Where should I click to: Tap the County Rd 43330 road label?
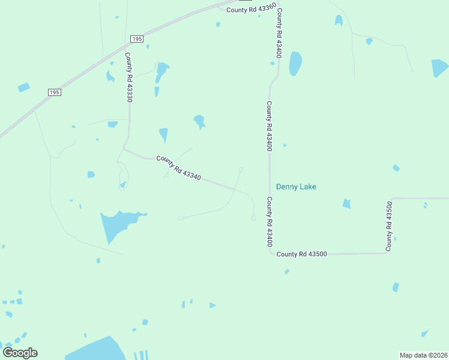[128, 77]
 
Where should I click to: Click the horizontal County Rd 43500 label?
[302, 254]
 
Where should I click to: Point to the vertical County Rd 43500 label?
[390, 226]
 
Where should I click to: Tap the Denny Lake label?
[296, 187]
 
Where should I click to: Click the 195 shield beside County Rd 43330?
[137, 38]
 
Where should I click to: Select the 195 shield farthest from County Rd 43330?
[55, 92]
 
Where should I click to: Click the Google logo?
[20, 352]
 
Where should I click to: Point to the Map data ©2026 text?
[423, 355]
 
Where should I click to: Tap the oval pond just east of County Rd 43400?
[295, 63]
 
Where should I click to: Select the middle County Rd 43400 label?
[270, 126]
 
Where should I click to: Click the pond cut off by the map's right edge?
[440, 68]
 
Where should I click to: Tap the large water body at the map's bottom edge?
[96, 350]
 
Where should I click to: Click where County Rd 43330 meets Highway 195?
[128, 44]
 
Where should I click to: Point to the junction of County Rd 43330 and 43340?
[124, 149]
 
